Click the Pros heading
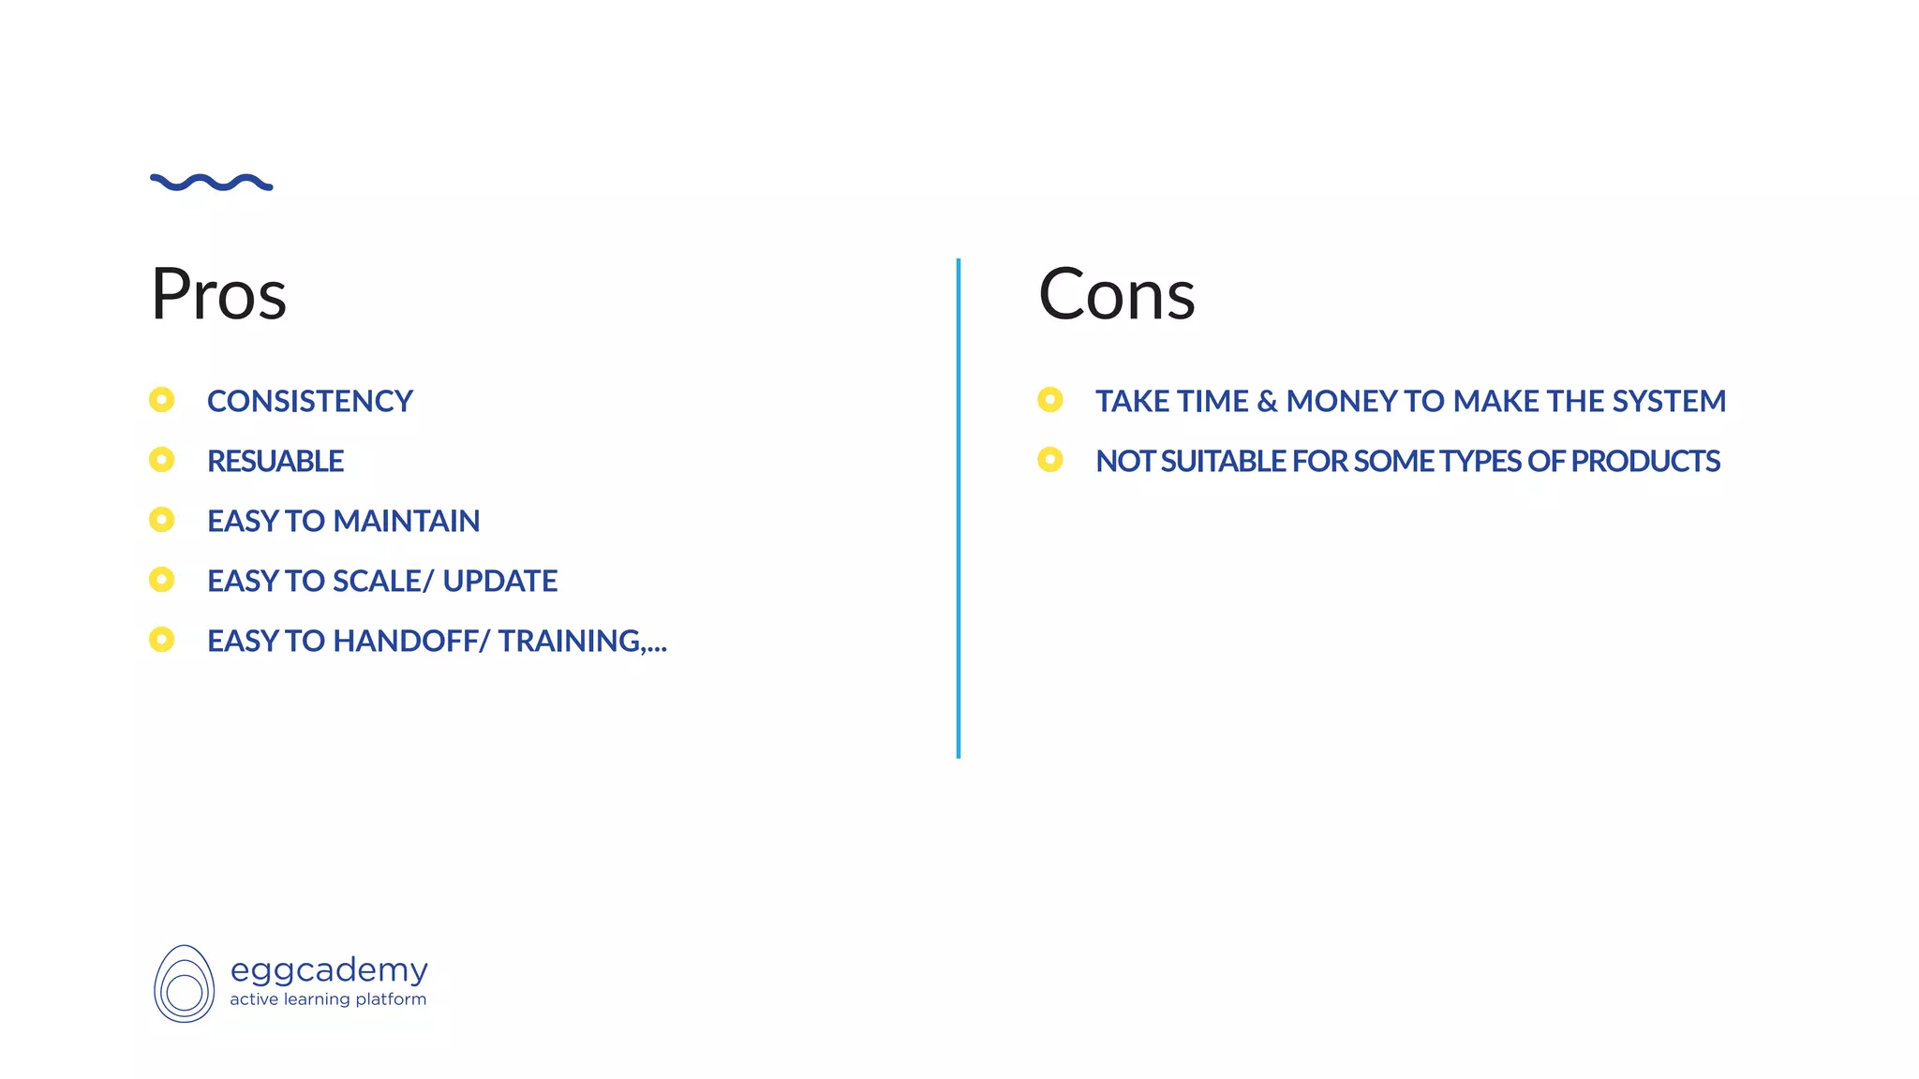tap(218, 294)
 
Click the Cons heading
tap(1116, 294)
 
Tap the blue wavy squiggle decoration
tap(212, 182)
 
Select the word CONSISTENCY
tap(309, 401)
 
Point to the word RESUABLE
tap(275, 461)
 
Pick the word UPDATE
tap(499, 581)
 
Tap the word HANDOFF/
tap(411, 641)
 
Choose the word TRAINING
tap(569, 641)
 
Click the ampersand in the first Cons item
tap(1267, 401)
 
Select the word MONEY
tap(1342, 401)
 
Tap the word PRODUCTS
tap(1645, 461)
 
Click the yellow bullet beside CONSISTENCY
tap(162, 400)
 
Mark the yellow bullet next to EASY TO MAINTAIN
tap(162, 520)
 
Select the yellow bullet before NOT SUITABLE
tap(1050, 460)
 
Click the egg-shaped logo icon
tap(184, 983)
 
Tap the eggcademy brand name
tap(329, 970)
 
